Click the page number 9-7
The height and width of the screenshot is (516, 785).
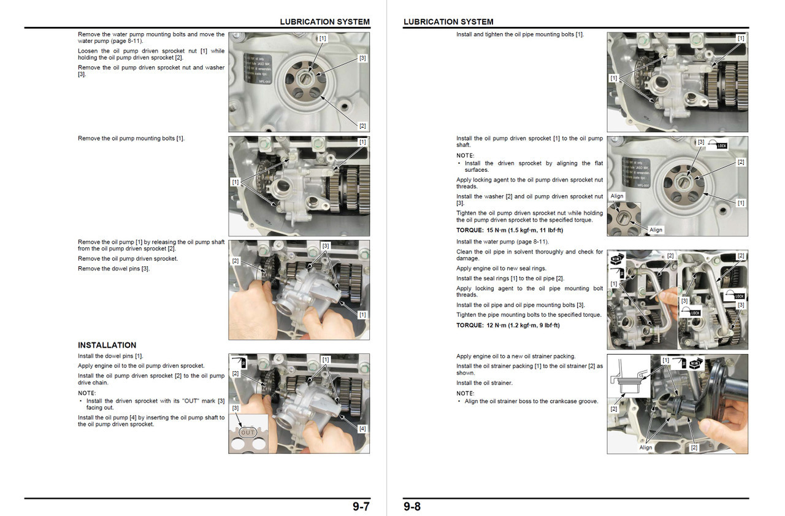coord(361,507)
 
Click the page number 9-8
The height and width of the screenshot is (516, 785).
coord(412,507)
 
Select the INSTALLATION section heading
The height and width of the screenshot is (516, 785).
coord(107,345)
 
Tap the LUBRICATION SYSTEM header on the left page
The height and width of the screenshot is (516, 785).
coord(324,21)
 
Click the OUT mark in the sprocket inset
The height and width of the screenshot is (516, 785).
coord(247,433)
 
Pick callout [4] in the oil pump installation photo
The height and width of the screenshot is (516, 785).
coord(362,429)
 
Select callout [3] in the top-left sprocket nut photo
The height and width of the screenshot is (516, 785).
coord(362,58)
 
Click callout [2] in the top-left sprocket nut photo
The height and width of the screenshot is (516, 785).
coord(362,126)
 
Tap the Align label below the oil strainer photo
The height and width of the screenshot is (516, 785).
coord(646,447)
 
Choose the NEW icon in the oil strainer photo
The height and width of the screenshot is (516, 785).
coord(695,364)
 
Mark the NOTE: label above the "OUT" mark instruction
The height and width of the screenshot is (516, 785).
coord(87,393)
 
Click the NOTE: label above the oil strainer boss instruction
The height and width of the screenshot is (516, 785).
coord(465,393)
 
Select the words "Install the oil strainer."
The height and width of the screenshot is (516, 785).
coord(484,383)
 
